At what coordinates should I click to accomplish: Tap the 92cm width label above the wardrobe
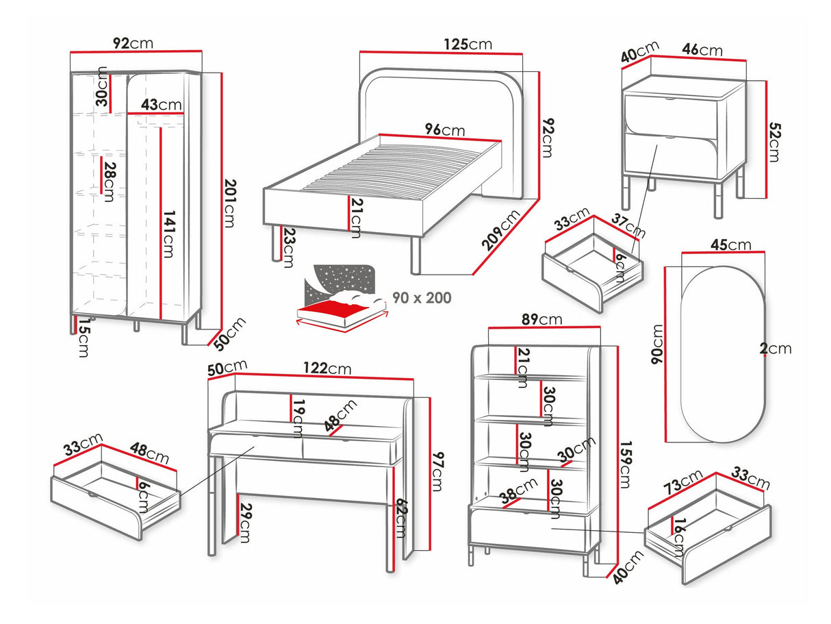coord(133,43)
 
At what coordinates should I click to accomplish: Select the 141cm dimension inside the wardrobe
coord(169,233)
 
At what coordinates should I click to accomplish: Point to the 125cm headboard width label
coord(468,44)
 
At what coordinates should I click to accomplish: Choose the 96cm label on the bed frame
coord(444,129)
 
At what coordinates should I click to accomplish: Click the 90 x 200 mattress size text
coord(422,298)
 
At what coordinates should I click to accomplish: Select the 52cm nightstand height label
coord(773,142)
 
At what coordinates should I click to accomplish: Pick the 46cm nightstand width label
coord(702,49)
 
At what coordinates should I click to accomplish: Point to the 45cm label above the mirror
coord(730,245)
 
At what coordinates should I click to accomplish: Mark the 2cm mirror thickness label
coord(775,349)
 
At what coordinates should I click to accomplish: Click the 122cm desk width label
coord(328,369)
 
